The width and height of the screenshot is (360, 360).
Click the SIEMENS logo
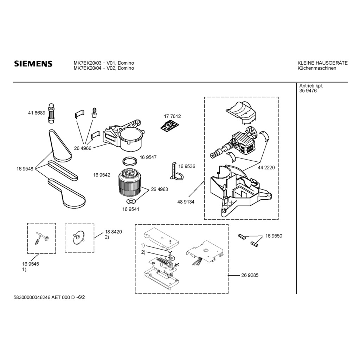[x=33, y=64]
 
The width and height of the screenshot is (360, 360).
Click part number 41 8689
[x=37, y=113]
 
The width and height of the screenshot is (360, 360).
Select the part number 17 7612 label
[x=172, y=116]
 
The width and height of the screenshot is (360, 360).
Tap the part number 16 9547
[x=148, y=157]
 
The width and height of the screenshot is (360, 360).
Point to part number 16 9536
[x=187, y=166]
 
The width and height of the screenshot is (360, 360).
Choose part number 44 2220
[x=266, y=168]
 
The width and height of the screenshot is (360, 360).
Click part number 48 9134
[x=186, y=202]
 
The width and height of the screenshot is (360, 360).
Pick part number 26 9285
[x=250, y=275]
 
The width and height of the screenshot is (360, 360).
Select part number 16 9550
[x=274, y=236]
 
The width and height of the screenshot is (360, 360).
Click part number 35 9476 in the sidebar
[x=308, y=91]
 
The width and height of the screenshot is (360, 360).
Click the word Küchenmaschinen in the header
[x=317, y=68]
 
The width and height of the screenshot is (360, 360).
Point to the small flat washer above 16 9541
[x=131, y=201]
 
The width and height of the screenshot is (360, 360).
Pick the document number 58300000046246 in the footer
[x=32, y=297]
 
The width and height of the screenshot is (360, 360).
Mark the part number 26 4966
[x=83, y=148]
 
